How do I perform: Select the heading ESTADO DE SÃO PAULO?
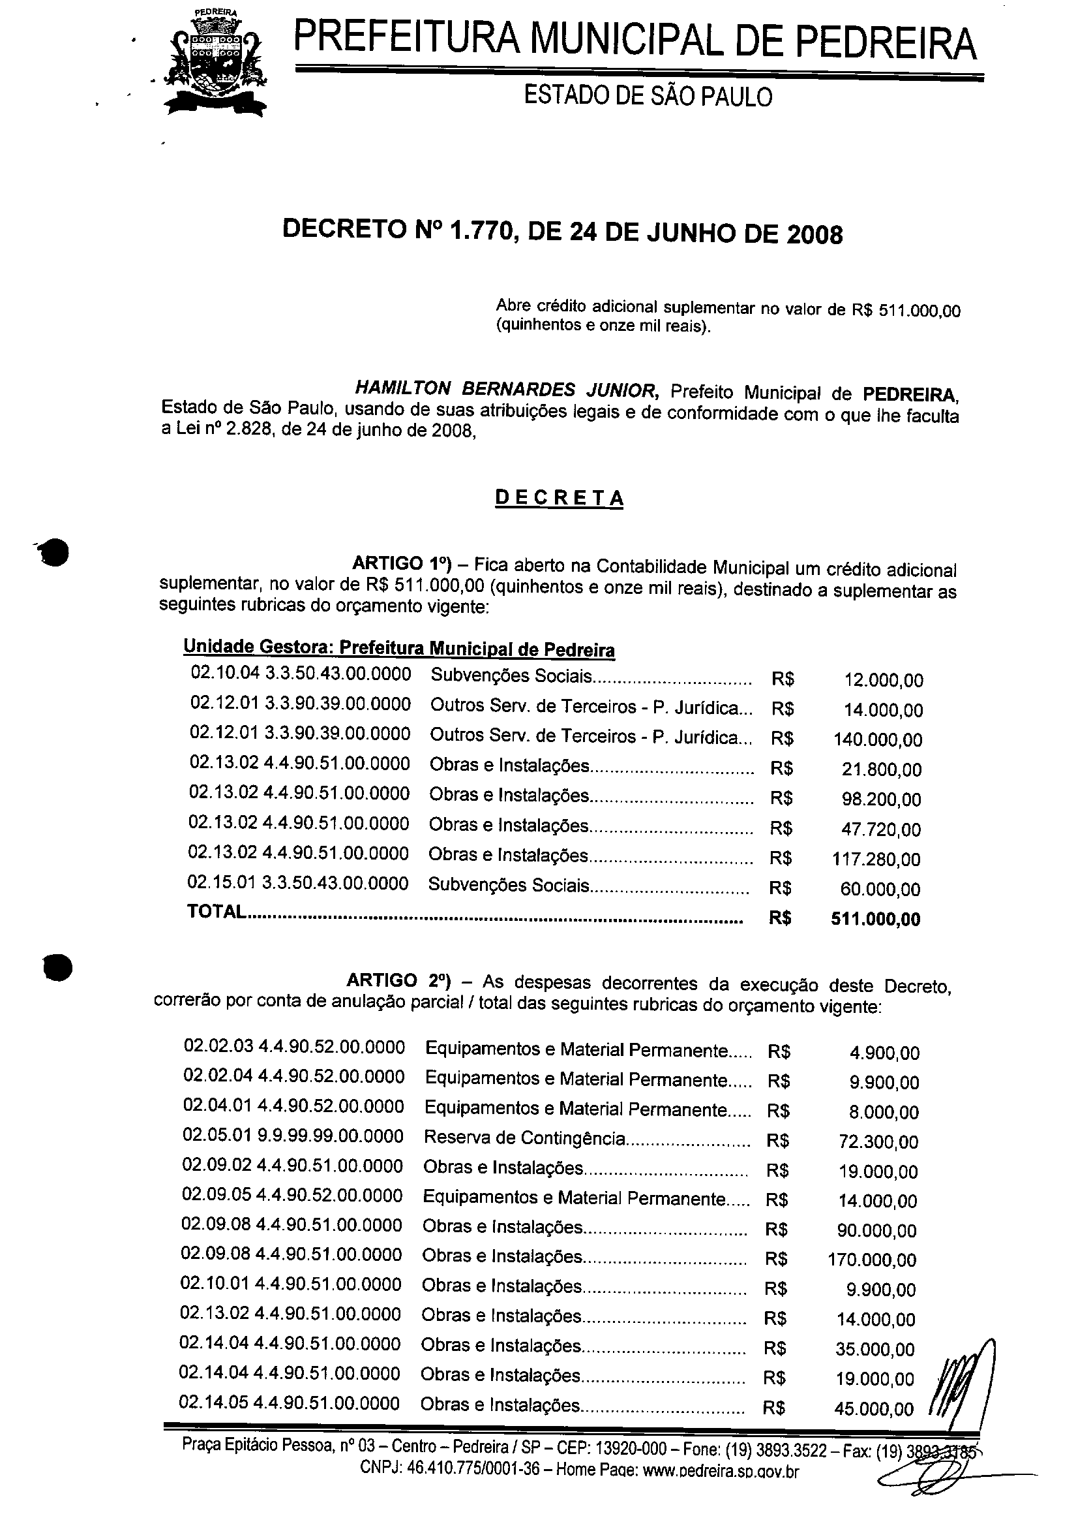coord(648,97)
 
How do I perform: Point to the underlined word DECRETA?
coord(560,498)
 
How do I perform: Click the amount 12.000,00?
coord(883,680)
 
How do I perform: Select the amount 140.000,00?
coord(878,740)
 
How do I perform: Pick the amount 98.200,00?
coord(881,799)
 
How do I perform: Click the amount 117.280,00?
coord(876,860)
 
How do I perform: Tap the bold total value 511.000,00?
coord(875,919)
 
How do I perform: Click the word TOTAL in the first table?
coord(216,912)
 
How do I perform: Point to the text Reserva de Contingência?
coord(524,1138)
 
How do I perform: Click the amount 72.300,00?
coord(878,1142)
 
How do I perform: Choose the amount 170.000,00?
coord(872,1260)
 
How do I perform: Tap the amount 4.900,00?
coord(884,1053)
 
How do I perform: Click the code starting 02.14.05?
coord(289,1403)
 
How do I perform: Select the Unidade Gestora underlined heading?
coord(399,647)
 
